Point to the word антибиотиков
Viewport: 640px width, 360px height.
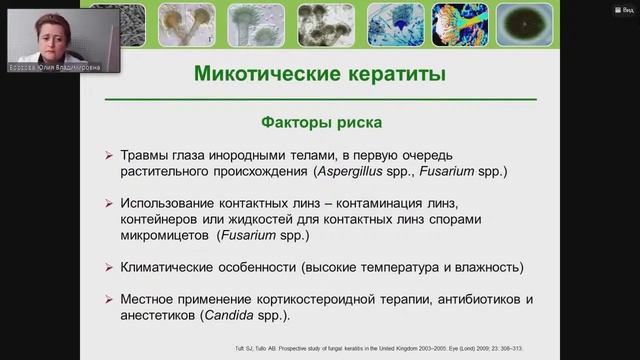pos(506,299)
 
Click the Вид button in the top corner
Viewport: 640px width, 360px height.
pos(622,7)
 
